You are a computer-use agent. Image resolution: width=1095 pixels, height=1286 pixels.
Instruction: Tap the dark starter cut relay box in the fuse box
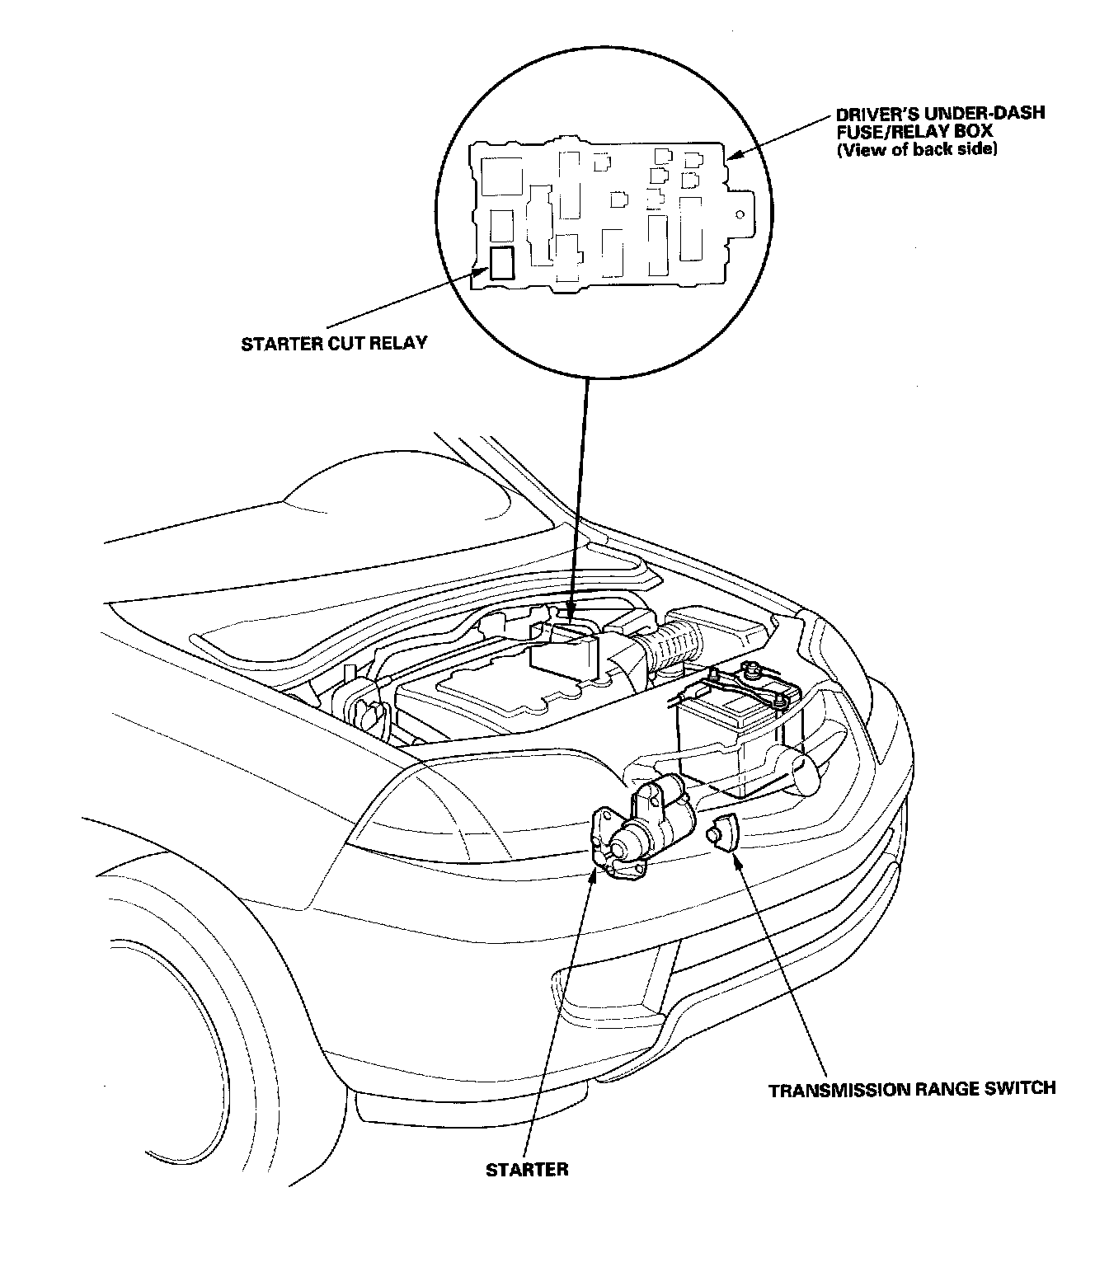pos(501,263)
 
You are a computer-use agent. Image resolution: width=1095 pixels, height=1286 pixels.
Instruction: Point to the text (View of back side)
pos(917,149)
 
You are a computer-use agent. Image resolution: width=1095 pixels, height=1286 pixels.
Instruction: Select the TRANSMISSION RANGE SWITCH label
pos(912,1089)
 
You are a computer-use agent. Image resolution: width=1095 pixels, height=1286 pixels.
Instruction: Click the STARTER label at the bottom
pos(527,1170)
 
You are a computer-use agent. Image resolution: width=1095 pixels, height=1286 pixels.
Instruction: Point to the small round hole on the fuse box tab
pos(741,217)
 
